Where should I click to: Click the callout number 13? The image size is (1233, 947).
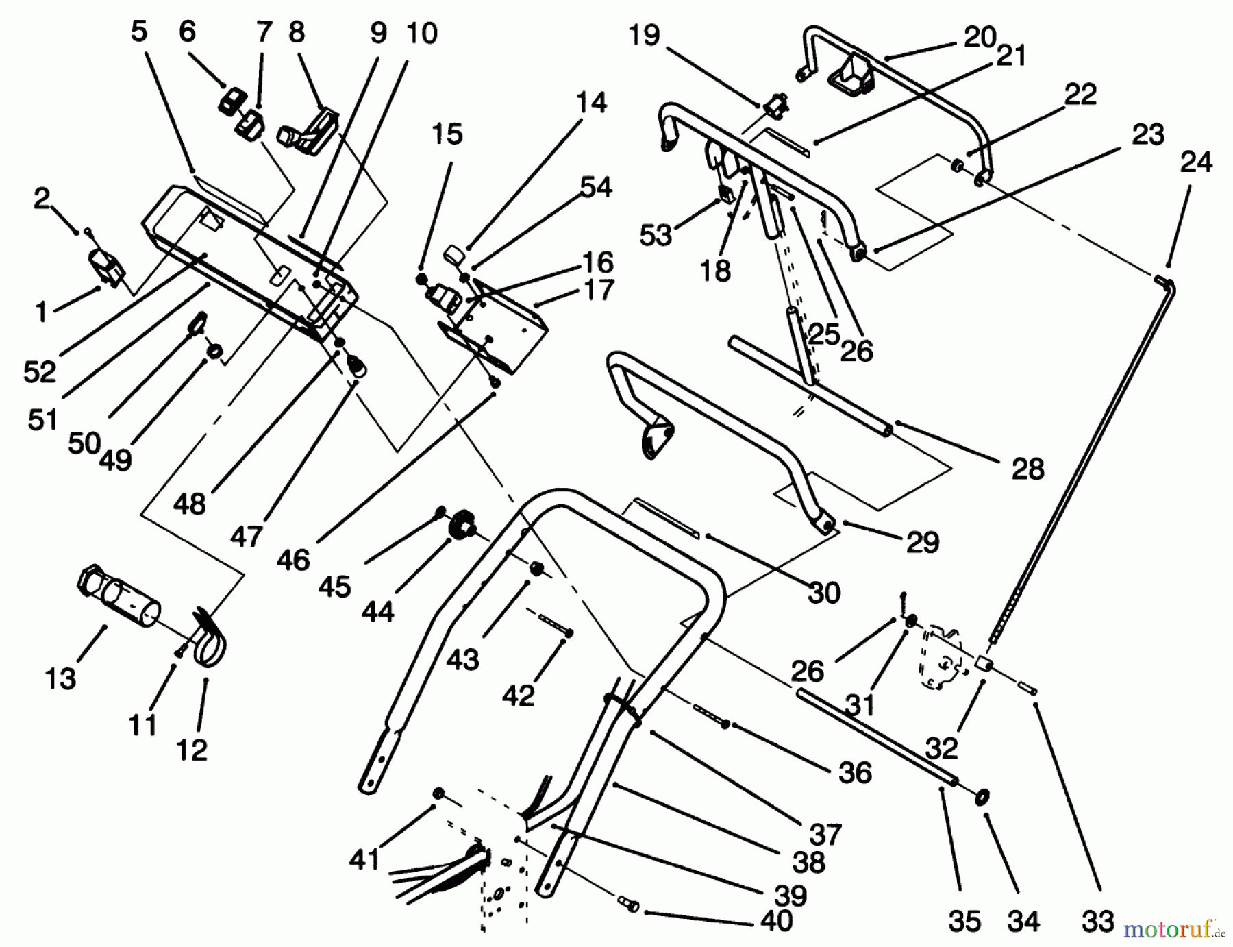[x=60, y=678]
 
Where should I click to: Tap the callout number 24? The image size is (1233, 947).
[x=1195, y=162]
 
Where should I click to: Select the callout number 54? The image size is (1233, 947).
[x=595, y=187]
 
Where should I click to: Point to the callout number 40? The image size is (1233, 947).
[x=776, y=920]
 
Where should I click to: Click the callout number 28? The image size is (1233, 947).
[x=1027, y=469]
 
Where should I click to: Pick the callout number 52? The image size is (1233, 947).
[x=40, y=372]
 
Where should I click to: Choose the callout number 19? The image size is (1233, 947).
[x=643, y=34]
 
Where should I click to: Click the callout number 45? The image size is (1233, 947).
[x=334, y=587]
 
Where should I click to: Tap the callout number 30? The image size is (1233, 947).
[x=823, y=593]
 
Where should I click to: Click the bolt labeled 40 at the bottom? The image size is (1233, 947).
[x=629, y=905]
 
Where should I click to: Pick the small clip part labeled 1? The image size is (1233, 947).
[x=106, y=267]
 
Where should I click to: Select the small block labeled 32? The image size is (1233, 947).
[x=984, y=664]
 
